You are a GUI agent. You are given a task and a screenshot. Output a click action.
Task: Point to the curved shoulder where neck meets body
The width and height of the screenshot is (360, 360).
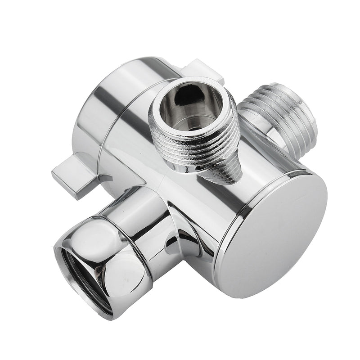[180, 225]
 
